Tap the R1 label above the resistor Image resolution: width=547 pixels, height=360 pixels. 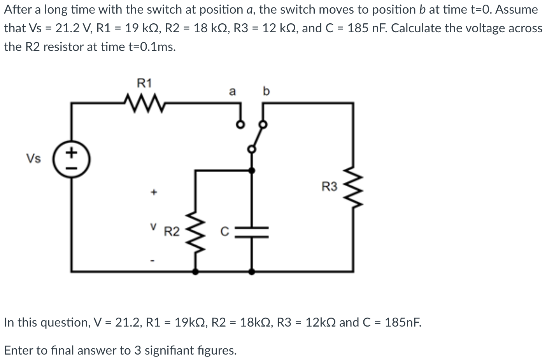point(144,83)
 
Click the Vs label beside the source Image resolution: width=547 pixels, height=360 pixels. point(33,159)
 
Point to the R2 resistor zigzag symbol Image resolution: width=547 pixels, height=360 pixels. point(195,232)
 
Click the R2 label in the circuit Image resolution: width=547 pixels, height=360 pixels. point(172,232)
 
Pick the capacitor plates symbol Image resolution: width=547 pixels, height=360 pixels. point(252,232)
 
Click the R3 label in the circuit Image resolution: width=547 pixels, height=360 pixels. point(330,187)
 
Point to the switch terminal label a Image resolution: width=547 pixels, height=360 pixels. point(232,92)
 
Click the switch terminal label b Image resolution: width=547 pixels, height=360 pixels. point(266,91)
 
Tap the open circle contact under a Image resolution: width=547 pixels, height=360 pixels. point(241,125)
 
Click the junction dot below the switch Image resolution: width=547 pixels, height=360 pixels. point(252,170)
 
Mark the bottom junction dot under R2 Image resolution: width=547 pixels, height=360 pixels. point(195,272)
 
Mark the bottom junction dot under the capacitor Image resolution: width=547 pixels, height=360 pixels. point(252,272)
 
